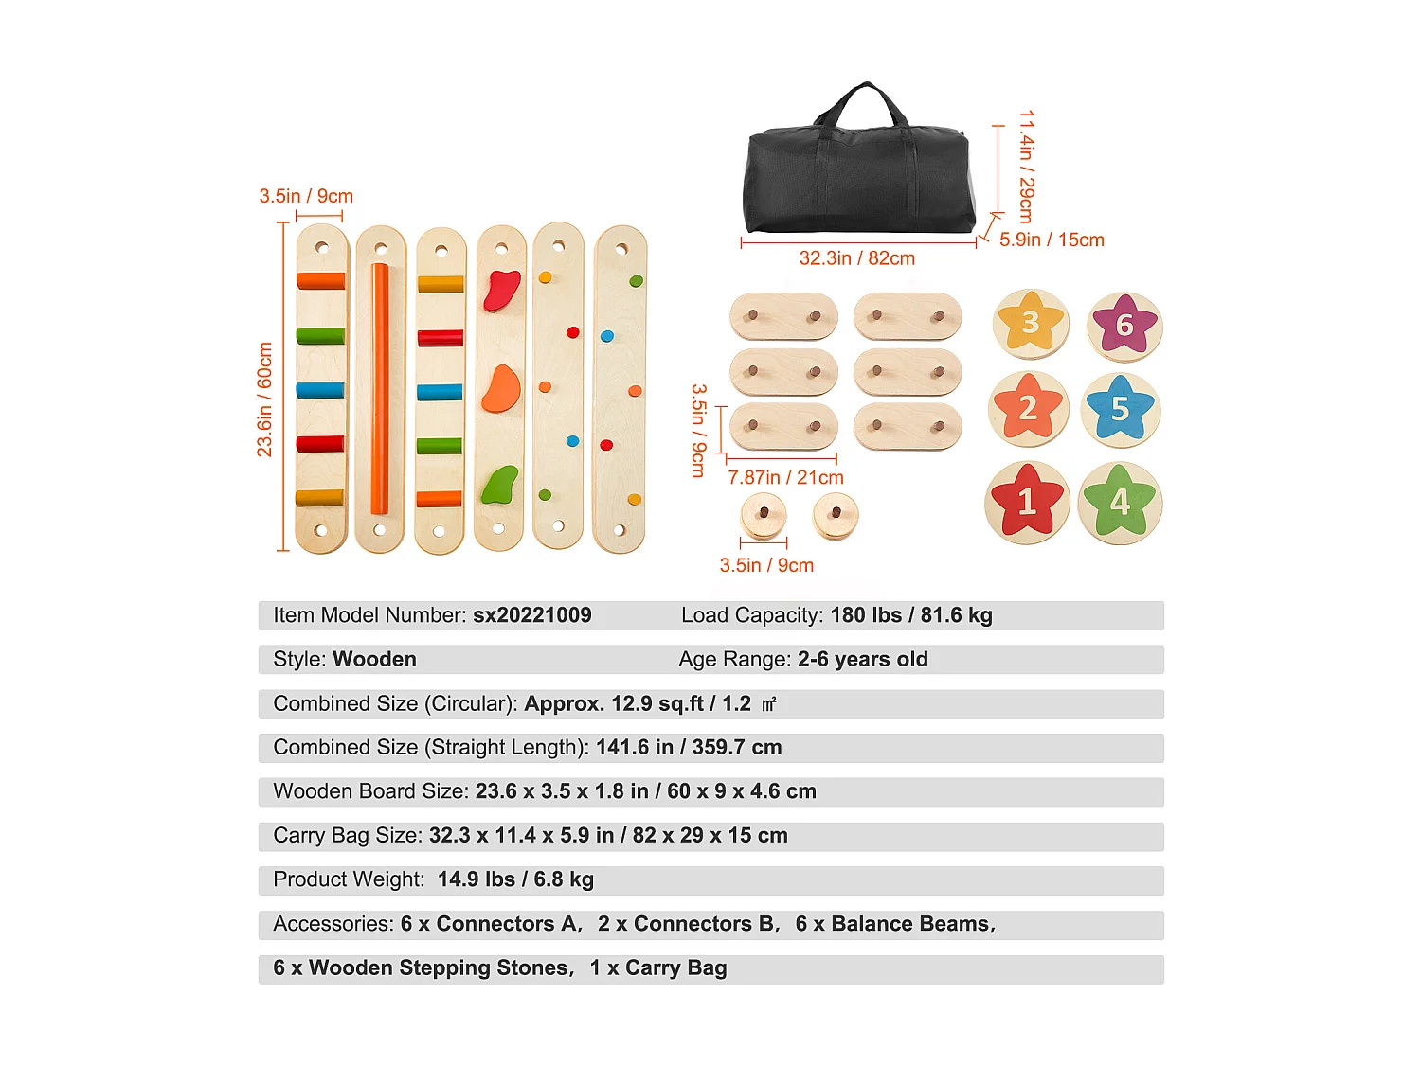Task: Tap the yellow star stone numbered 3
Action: pos(1031,324)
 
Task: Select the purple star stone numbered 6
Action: pos(1124,326)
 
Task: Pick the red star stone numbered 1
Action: pos(1027,502)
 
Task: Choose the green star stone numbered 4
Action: pos(1120,502)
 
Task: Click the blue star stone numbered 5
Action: pos(1121,410)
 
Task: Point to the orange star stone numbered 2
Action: pos(1028,409)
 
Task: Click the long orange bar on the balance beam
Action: pos(380,388)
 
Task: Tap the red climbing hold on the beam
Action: pos(502,291)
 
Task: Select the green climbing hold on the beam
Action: pos(500,485)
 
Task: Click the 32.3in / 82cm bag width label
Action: pos(857,258)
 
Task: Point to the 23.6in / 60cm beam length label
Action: pos(264,399)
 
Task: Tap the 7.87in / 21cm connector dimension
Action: pos(785,478)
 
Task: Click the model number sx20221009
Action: pos(532,615)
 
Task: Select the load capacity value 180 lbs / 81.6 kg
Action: pos(911,615)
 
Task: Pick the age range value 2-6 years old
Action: pos(862,660)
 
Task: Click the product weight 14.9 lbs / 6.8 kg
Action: pos(515,879)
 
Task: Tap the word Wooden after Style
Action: pos(374,660)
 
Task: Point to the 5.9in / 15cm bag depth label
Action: pos(1052,240)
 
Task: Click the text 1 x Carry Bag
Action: pos(658,968)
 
